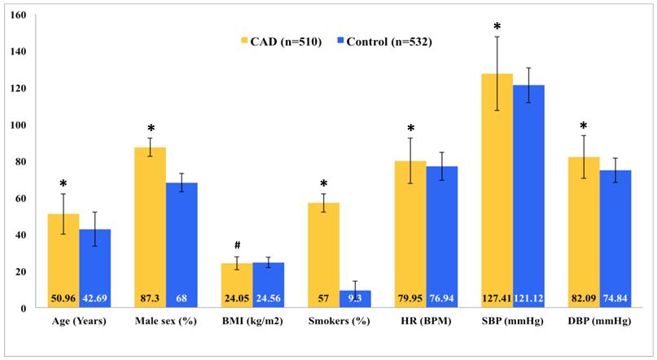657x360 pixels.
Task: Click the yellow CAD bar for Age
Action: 64,261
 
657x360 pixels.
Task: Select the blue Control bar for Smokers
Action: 355,299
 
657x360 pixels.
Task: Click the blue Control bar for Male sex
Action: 182,245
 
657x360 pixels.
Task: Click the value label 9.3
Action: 356,298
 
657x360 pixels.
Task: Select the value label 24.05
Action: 237,298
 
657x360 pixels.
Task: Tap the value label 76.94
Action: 442,298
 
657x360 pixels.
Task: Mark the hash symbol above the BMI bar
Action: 236,244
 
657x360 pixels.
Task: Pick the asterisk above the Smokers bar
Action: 323,184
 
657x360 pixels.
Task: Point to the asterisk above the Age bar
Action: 63,184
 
